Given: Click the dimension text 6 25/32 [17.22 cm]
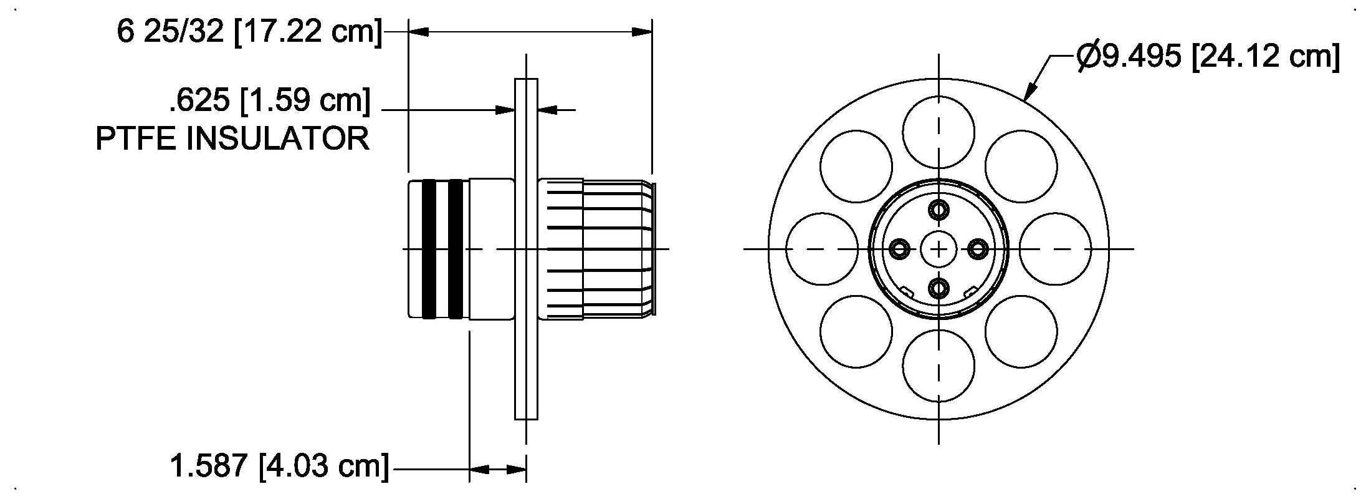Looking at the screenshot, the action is [249, 31].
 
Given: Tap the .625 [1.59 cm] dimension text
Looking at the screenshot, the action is [269, 100].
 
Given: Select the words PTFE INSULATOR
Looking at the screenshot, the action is [232, 138].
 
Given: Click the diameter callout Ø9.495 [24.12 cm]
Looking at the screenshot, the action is [1208, 57].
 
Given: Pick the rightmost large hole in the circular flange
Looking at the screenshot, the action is [1055, 249].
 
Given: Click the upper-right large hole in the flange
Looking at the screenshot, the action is [1021, 167].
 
